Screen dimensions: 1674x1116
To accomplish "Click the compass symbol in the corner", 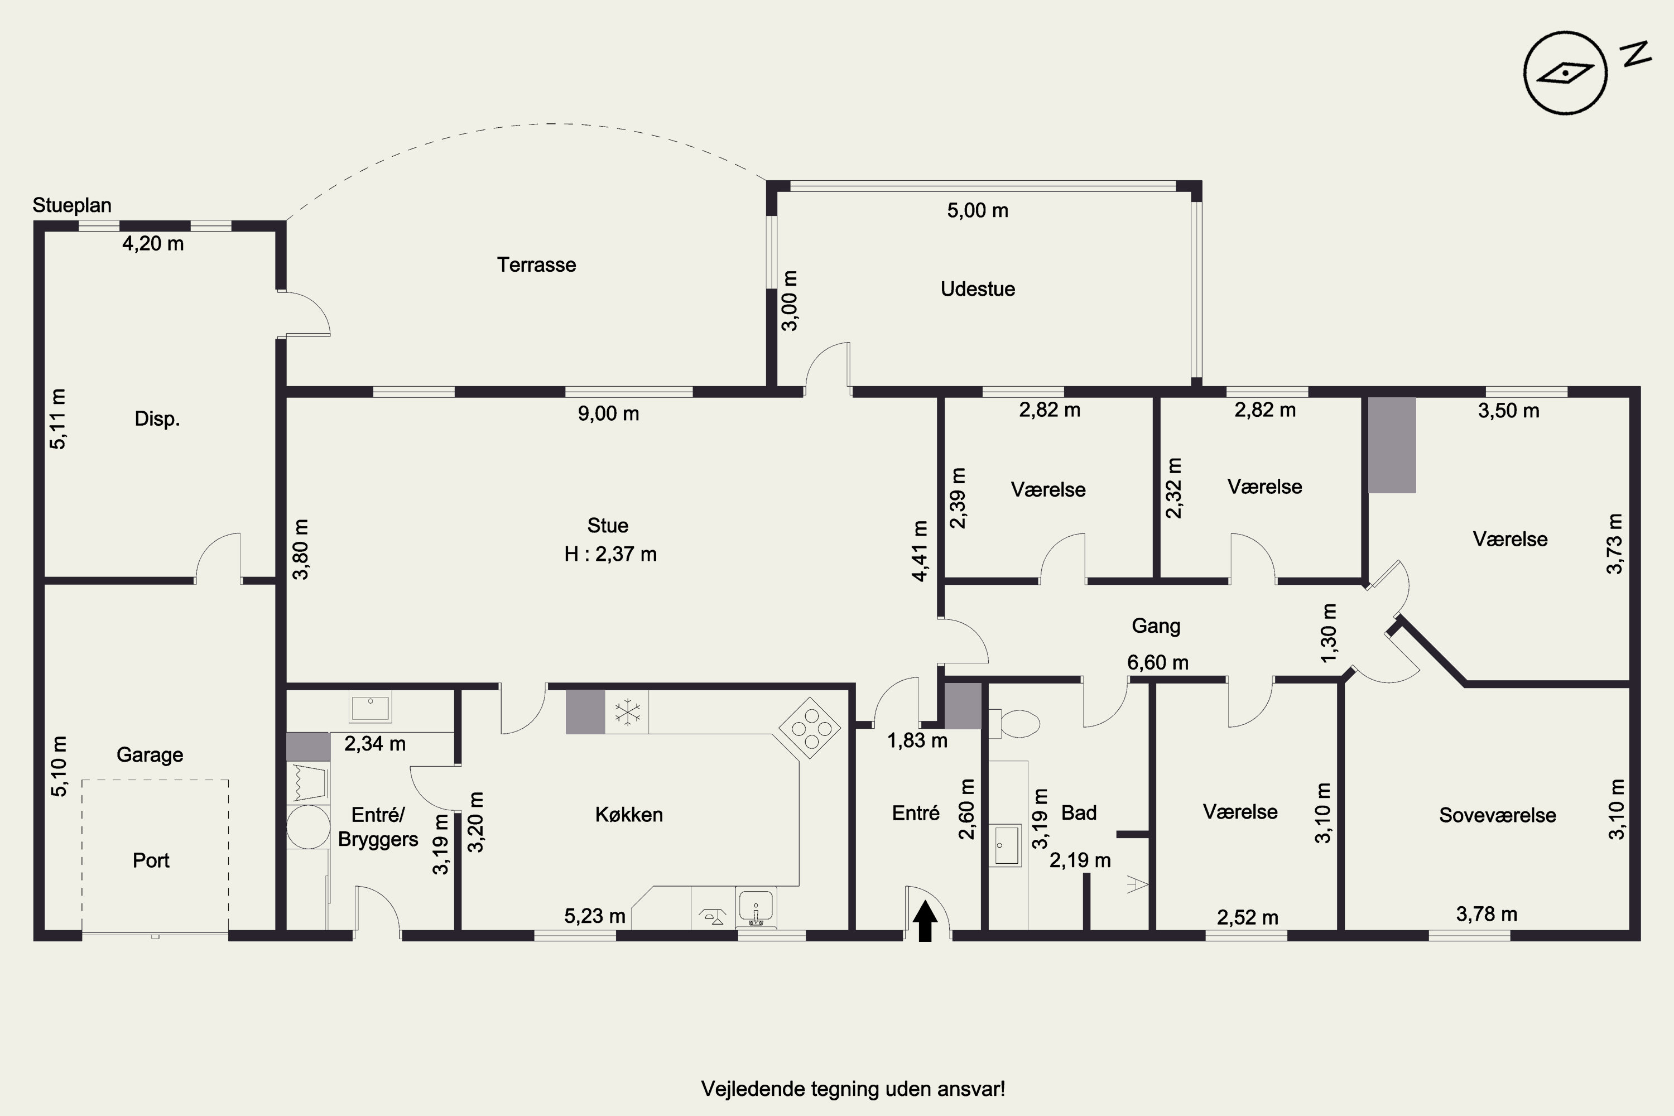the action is coord(1565,73).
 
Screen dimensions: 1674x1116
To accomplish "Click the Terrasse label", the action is coord(537,264).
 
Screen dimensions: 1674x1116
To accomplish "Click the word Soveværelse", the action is coord(1498,815).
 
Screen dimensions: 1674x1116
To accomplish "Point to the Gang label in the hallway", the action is coord(1156,626).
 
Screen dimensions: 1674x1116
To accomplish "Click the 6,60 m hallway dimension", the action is coord(1157,663).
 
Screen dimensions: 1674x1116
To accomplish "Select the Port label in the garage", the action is coord(151,860).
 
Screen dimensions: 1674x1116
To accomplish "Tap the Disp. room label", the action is coord(157,419).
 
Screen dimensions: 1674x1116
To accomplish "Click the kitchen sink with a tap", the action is coord(756,908).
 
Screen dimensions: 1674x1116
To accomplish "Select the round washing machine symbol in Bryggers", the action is coord(308,827).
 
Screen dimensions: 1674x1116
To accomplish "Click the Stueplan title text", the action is coord(72,206).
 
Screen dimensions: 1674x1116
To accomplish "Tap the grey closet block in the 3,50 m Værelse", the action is coord(1392,445).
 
